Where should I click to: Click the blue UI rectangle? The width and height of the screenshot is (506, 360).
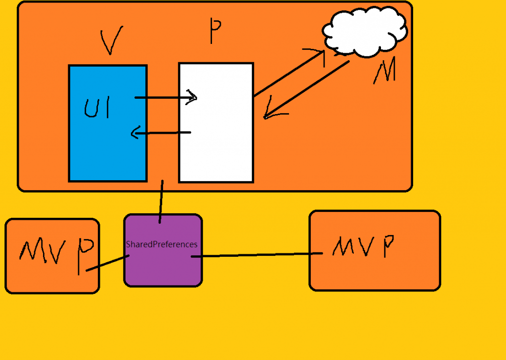pos(108,148)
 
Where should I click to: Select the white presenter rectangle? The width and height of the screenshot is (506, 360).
pos(216,148)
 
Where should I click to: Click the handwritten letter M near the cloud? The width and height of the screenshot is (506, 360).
pos(384,73)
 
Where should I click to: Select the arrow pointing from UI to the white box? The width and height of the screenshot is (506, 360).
pos(166,97)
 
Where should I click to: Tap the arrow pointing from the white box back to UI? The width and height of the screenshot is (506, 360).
pos(161,132)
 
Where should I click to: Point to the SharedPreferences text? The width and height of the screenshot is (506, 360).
pos(162,244)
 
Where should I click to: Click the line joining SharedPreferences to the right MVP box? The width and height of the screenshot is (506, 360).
pos(257,255)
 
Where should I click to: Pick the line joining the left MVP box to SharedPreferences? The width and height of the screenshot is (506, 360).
pos(108,263)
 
